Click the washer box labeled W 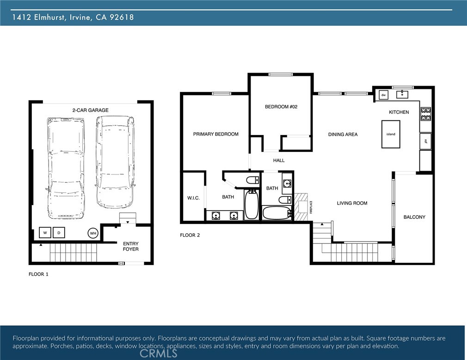click(x=45, y=232)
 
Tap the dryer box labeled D click(x=59, y=232)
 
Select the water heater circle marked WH click(x=93, y=233)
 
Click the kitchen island click(x=391, y=134)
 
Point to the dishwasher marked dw click(x=383, y=95)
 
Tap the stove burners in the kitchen click(x=425, y=113)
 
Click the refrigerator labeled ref click(x=425, y=142)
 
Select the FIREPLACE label click(x=311, y=207)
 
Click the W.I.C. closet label click(x=193, y=198)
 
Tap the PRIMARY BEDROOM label click(x=215, y=134)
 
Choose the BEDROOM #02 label click(x=281, y=107)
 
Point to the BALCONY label click(x=414, y=217)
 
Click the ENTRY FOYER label click(x=130, y=246)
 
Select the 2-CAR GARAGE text click(x=90, y=110)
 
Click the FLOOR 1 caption click(x=38, y=274)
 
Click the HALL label click(x=279, y=161)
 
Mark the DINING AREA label click(x=343, y=135)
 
